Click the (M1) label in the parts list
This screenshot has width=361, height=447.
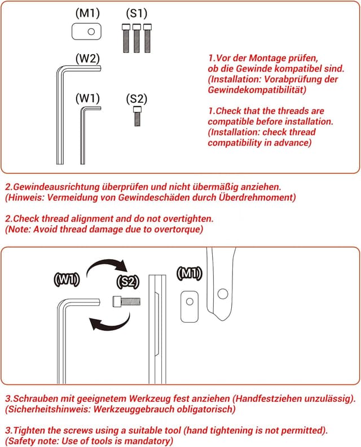point(88,13)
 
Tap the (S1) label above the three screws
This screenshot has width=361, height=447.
point(137,13)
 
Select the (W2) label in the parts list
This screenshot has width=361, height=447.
point(88,59)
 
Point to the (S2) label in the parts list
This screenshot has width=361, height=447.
point(137,99)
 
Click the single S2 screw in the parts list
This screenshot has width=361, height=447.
point(137,116)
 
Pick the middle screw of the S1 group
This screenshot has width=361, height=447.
point(137,38)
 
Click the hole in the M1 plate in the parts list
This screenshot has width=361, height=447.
point(91,32)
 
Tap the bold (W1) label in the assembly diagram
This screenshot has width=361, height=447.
point(67,279)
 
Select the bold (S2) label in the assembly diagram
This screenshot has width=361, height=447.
point(127,282)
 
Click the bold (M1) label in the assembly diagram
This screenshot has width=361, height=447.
point(189,274)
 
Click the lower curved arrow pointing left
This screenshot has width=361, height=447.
point(109,322)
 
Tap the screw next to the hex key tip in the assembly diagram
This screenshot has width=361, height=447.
point(126,301)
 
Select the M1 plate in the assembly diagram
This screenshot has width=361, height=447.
point(190,306)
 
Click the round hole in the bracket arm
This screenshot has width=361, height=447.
point(223,294)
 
